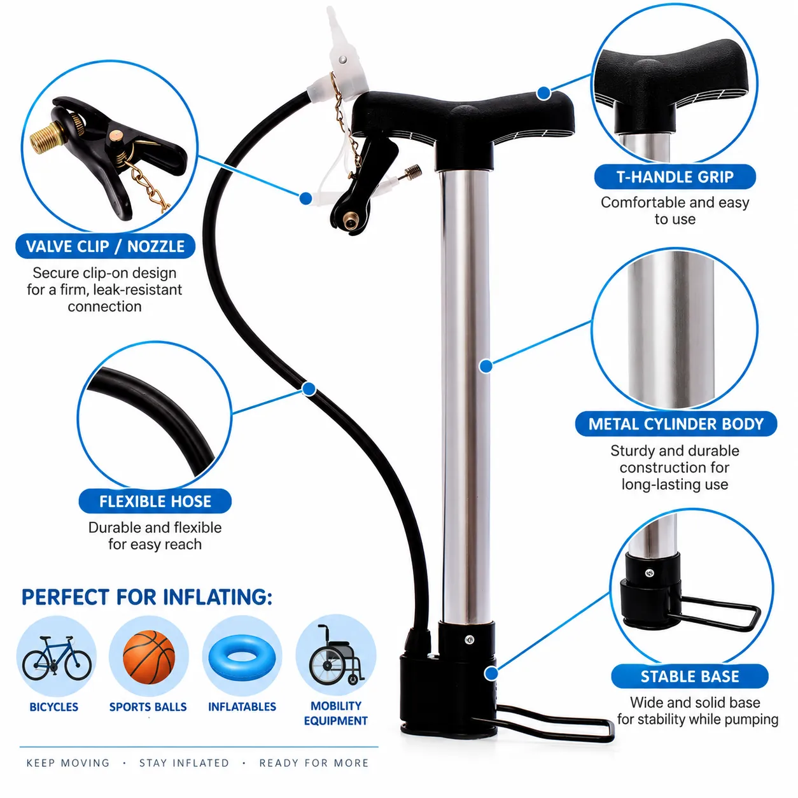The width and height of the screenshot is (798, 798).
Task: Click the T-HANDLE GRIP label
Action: pyautogui.click(x=675, y=177)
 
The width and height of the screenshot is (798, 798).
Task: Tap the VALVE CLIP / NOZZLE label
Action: pyautogui.click(x=105, y=246)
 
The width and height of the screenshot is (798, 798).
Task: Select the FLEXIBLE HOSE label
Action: pyautogui.click(x=155, y=501)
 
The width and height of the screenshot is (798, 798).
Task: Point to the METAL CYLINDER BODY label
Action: pyautogui.click(x=676, y=424)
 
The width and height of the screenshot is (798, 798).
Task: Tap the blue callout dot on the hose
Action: pyautogui.click(x=309, y=389)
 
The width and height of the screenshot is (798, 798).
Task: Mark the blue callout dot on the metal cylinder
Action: pyautogui.click(x=486, y=366)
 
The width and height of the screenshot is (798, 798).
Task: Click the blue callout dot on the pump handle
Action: pyautogui.click(x=543, y=93)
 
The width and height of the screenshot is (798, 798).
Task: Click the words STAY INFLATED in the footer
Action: pyautogui.click(x=184, y=763)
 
